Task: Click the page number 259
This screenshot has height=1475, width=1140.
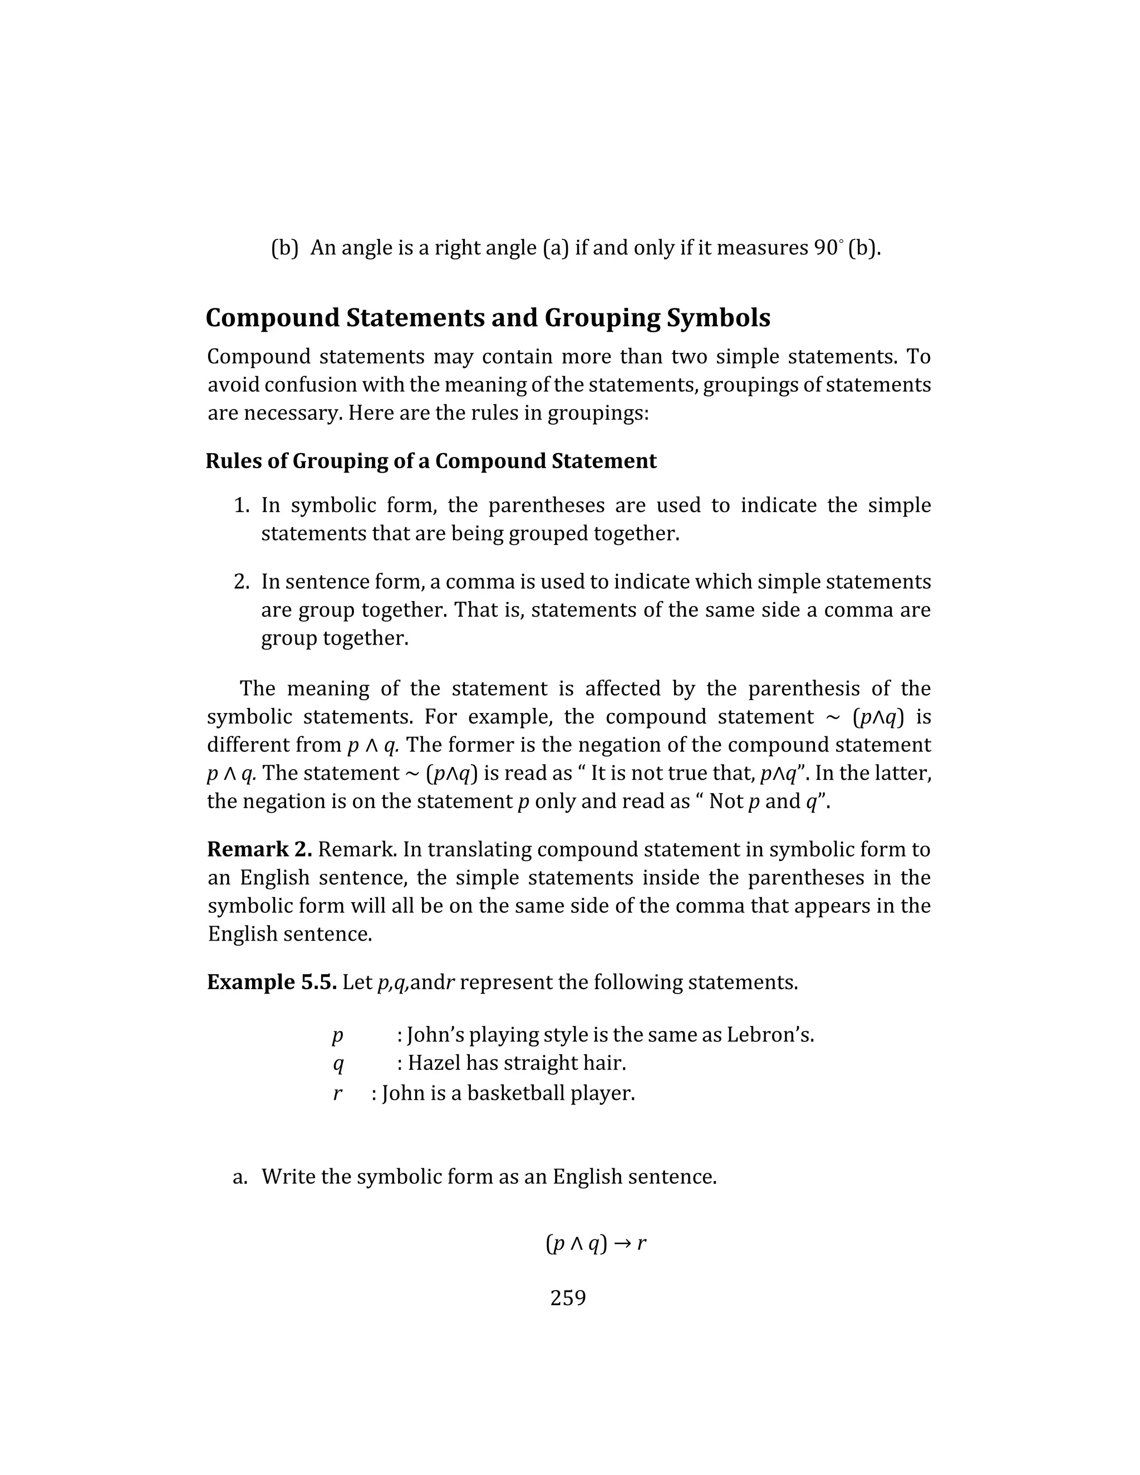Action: [x=568, y=1297]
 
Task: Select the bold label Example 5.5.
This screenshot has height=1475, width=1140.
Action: [x=272, y=982]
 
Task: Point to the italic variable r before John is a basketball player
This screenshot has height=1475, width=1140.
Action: [x=337, y=1093]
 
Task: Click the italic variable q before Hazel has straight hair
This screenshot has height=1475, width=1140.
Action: [x=338, y=1064]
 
